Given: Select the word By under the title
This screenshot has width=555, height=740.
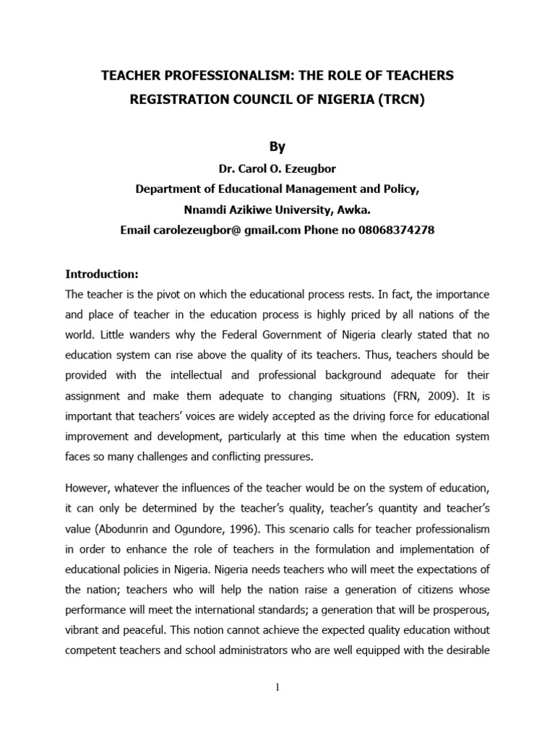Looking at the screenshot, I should click(x=277, y=146).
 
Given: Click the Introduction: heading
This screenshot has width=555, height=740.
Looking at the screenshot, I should click(x=101, y=275).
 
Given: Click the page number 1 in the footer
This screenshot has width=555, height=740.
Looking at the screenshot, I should click(x=277, y=687).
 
